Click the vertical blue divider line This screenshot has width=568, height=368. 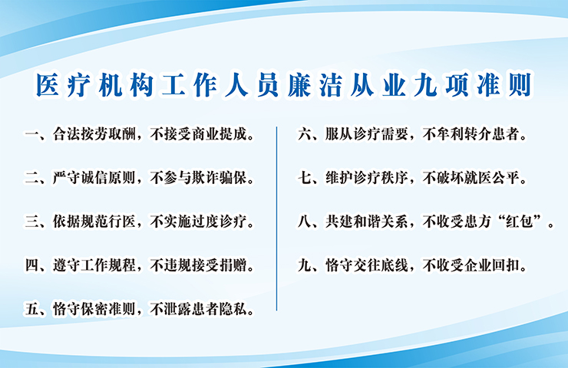coord(277,219)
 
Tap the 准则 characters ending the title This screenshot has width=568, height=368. coord(504,85)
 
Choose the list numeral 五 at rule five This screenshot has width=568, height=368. coord(31,310)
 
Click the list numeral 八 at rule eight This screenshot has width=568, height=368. coord(304,222)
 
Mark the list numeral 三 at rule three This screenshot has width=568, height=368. coord(31,222)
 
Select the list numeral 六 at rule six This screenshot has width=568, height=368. coord(304,134)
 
